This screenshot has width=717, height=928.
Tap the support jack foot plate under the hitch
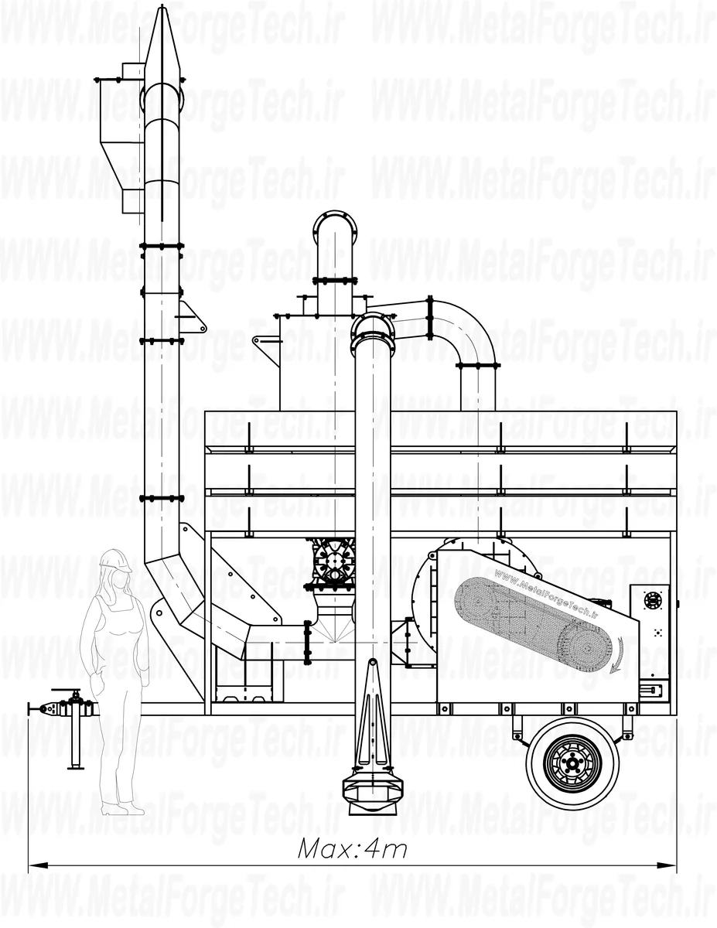(76, 768)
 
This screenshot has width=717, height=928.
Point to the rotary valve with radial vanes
(333, 561)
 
